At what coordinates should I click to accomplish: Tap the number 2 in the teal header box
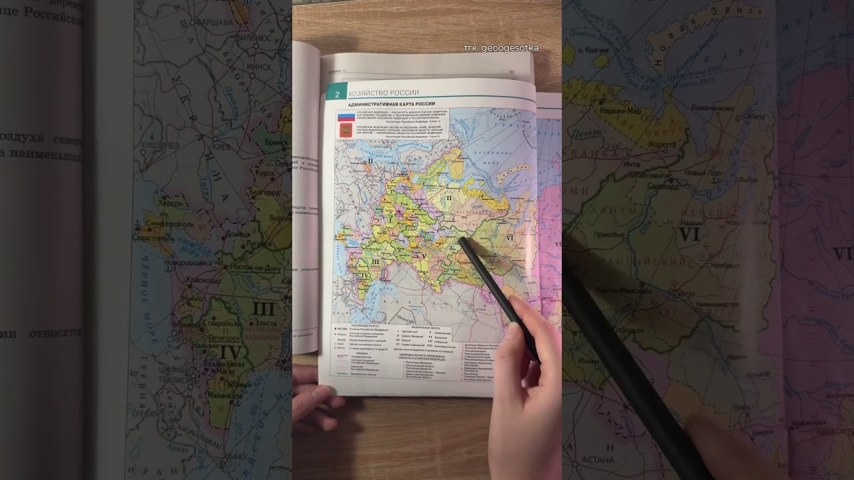click(338, 94)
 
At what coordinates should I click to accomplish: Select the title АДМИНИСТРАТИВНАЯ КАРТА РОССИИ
click(391, 104)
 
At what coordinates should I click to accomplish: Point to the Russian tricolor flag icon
click(345, 116)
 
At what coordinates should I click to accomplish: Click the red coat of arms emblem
click(345, 130)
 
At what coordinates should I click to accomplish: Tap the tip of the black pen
click(460, 239)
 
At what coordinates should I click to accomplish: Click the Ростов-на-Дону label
click(254, 267)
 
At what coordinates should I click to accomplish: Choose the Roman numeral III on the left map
click(264, 308)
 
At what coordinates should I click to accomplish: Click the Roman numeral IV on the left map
click(230, 351)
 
